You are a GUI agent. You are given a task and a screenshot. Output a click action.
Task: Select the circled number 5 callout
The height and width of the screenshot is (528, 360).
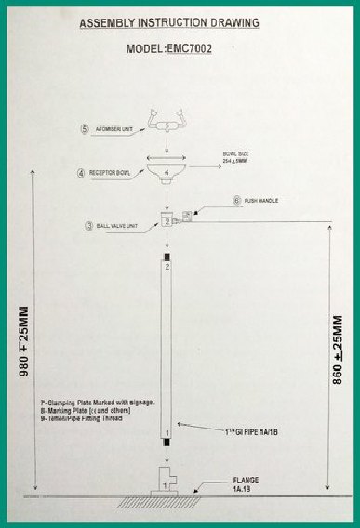click(x=85, y=128)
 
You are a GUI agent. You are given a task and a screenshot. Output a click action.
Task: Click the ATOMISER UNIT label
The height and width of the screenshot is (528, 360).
click(x=115, y=129)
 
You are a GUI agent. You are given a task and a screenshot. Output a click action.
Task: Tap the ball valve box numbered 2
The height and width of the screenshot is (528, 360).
click(x=167, y=221)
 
